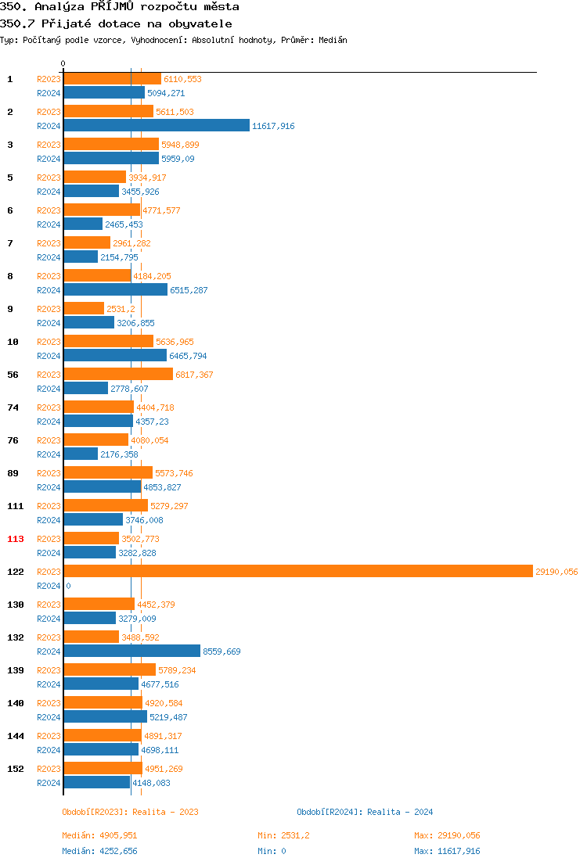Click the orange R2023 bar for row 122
297,571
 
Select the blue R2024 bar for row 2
157,125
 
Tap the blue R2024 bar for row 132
131,651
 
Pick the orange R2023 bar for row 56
118,374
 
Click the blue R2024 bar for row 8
115,289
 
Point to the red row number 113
16,539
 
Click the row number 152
16,769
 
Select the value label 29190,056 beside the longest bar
556,572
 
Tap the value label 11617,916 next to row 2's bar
273,126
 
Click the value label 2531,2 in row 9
121,309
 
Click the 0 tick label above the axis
63,63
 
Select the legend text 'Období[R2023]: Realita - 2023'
130,812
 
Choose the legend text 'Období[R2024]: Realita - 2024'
365,812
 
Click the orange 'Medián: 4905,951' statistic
99,835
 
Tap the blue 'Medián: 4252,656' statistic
99,851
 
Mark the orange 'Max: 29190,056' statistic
447,835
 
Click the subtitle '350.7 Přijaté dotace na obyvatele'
116,23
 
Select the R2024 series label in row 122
49,586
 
